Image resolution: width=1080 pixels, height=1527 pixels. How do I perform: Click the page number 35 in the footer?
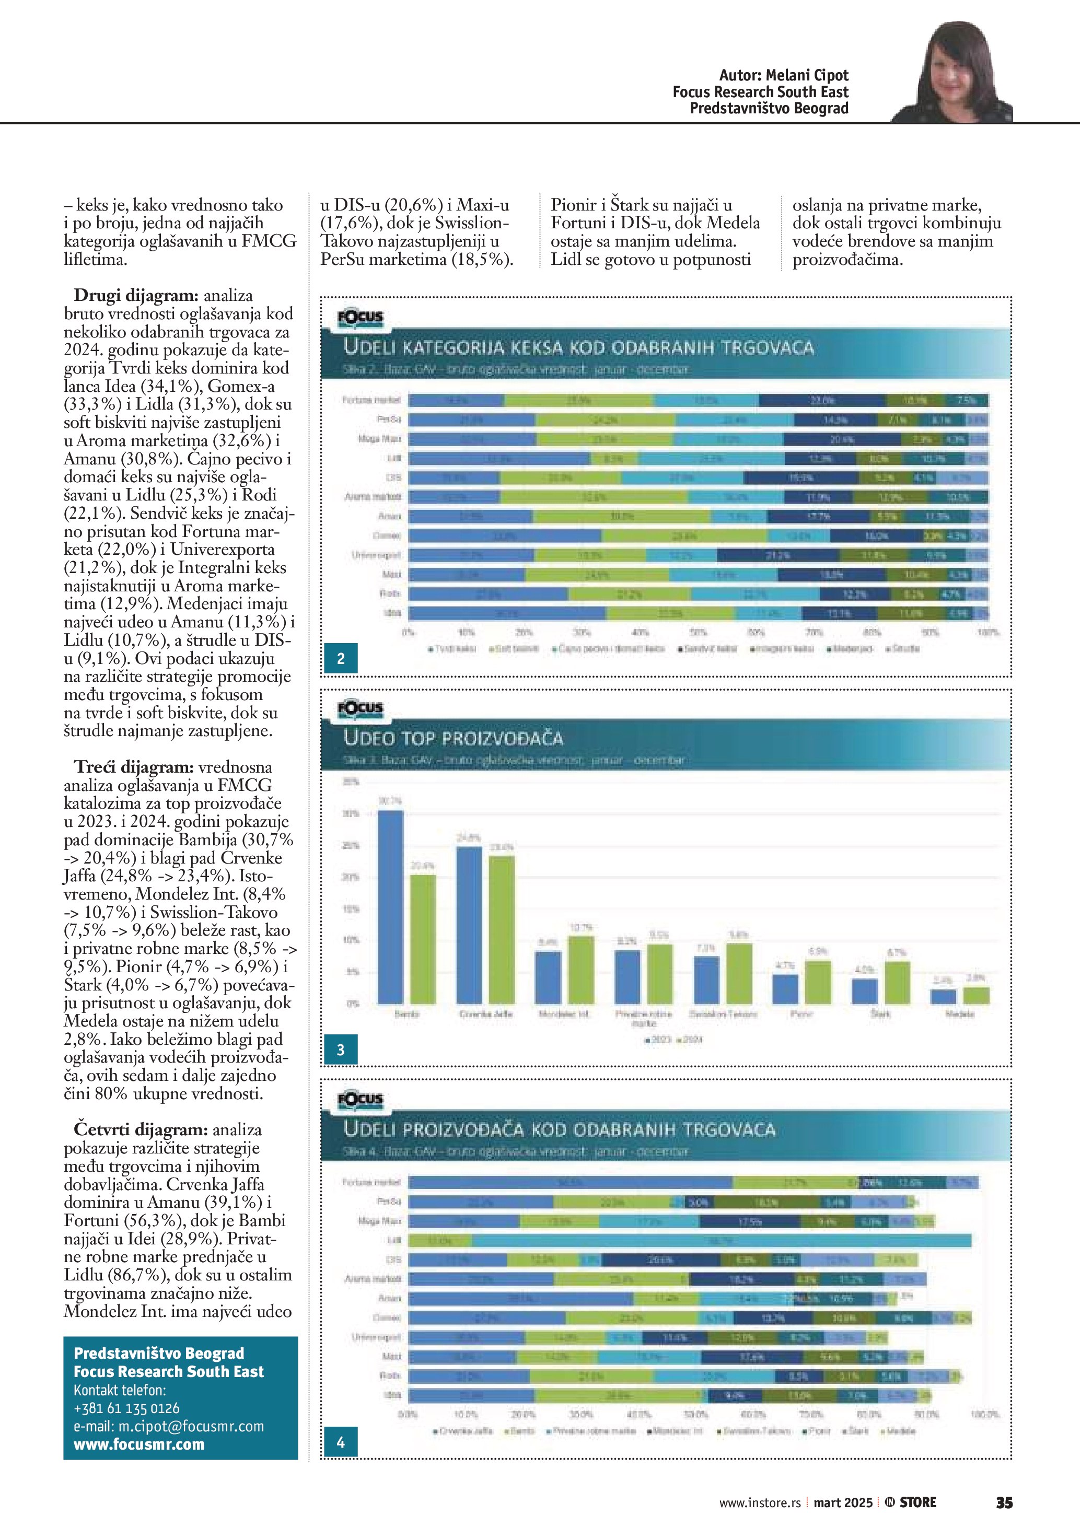point(1004,1502)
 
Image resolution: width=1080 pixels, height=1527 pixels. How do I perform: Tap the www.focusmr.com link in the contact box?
point(139,1444)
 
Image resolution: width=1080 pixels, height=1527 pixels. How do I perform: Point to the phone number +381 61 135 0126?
point(126,1408)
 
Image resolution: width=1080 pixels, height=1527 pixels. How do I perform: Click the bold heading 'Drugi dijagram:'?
point(136,295)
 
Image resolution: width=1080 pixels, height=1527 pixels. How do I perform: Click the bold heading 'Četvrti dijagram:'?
point(141,1129)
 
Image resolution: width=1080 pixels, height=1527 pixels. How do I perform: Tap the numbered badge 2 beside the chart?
point(341,658)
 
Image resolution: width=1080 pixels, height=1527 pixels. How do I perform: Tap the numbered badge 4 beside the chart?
point(341,1442)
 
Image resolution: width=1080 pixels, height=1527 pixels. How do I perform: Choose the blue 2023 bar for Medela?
point(943,996)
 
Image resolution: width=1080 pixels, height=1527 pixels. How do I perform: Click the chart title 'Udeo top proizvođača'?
point(453,738)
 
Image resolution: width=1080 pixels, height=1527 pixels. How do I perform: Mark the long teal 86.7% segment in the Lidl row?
point(722,1240)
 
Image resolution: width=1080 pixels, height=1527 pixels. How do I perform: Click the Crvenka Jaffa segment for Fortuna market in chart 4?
point(570,1182)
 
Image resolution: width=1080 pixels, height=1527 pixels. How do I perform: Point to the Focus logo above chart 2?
point(361,318)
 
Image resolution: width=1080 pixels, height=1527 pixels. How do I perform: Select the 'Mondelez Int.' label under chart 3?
point(564,1014)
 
